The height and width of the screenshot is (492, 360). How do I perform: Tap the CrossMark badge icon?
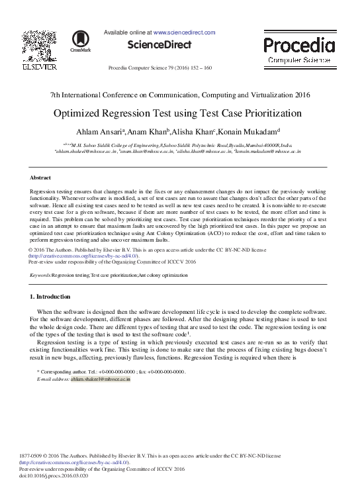(x=81, y=41)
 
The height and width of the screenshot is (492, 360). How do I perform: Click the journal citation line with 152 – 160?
(x=159, y=68)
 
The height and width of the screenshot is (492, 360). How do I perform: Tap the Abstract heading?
(x=42, y=178)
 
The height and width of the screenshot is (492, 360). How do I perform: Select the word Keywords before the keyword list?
(x=41, y=274)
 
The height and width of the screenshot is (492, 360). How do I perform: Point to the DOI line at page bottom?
(x=46, y=474)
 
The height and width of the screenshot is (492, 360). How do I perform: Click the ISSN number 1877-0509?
(x=32, y=456)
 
